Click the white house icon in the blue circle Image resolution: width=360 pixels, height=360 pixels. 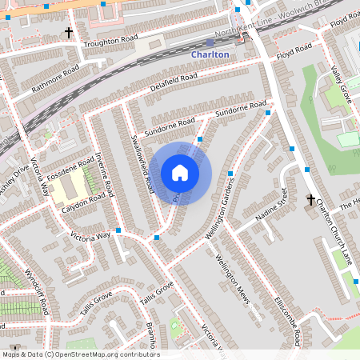[x=180, y=173]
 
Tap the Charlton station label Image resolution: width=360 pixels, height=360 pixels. [x=210, y=54]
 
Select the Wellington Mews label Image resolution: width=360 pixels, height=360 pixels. [x=232, y=280]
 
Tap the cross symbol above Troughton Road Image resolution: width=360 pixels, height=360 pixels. [x=69, y=33]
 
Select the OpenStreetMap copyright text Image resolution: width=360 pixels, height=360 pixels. [x=80, y=354]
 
